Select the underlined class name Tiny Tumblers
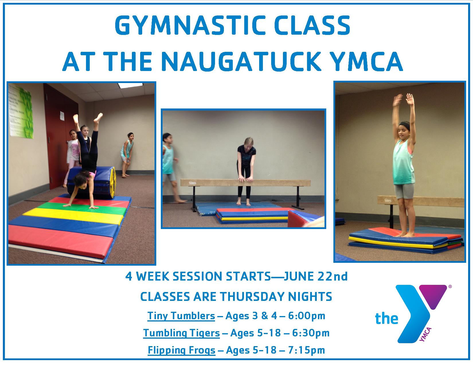click(x=181, y=316)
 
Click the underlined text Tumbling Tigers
click(x=181, y=333)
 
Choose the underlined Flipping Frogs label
click(x=181, y=350)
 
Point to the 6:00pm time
click(x=307, y=316)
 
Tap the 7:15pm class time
click(x=306, y=350)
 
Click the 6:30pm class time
click(x=311, y=333)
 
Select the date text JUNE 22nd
click(x=316, y=277)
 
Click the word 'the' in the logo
click(x=386, y=319)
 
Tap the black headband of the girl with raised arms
click(x=404, y=125)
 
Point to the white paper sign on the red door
click(x=62, y=116)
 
